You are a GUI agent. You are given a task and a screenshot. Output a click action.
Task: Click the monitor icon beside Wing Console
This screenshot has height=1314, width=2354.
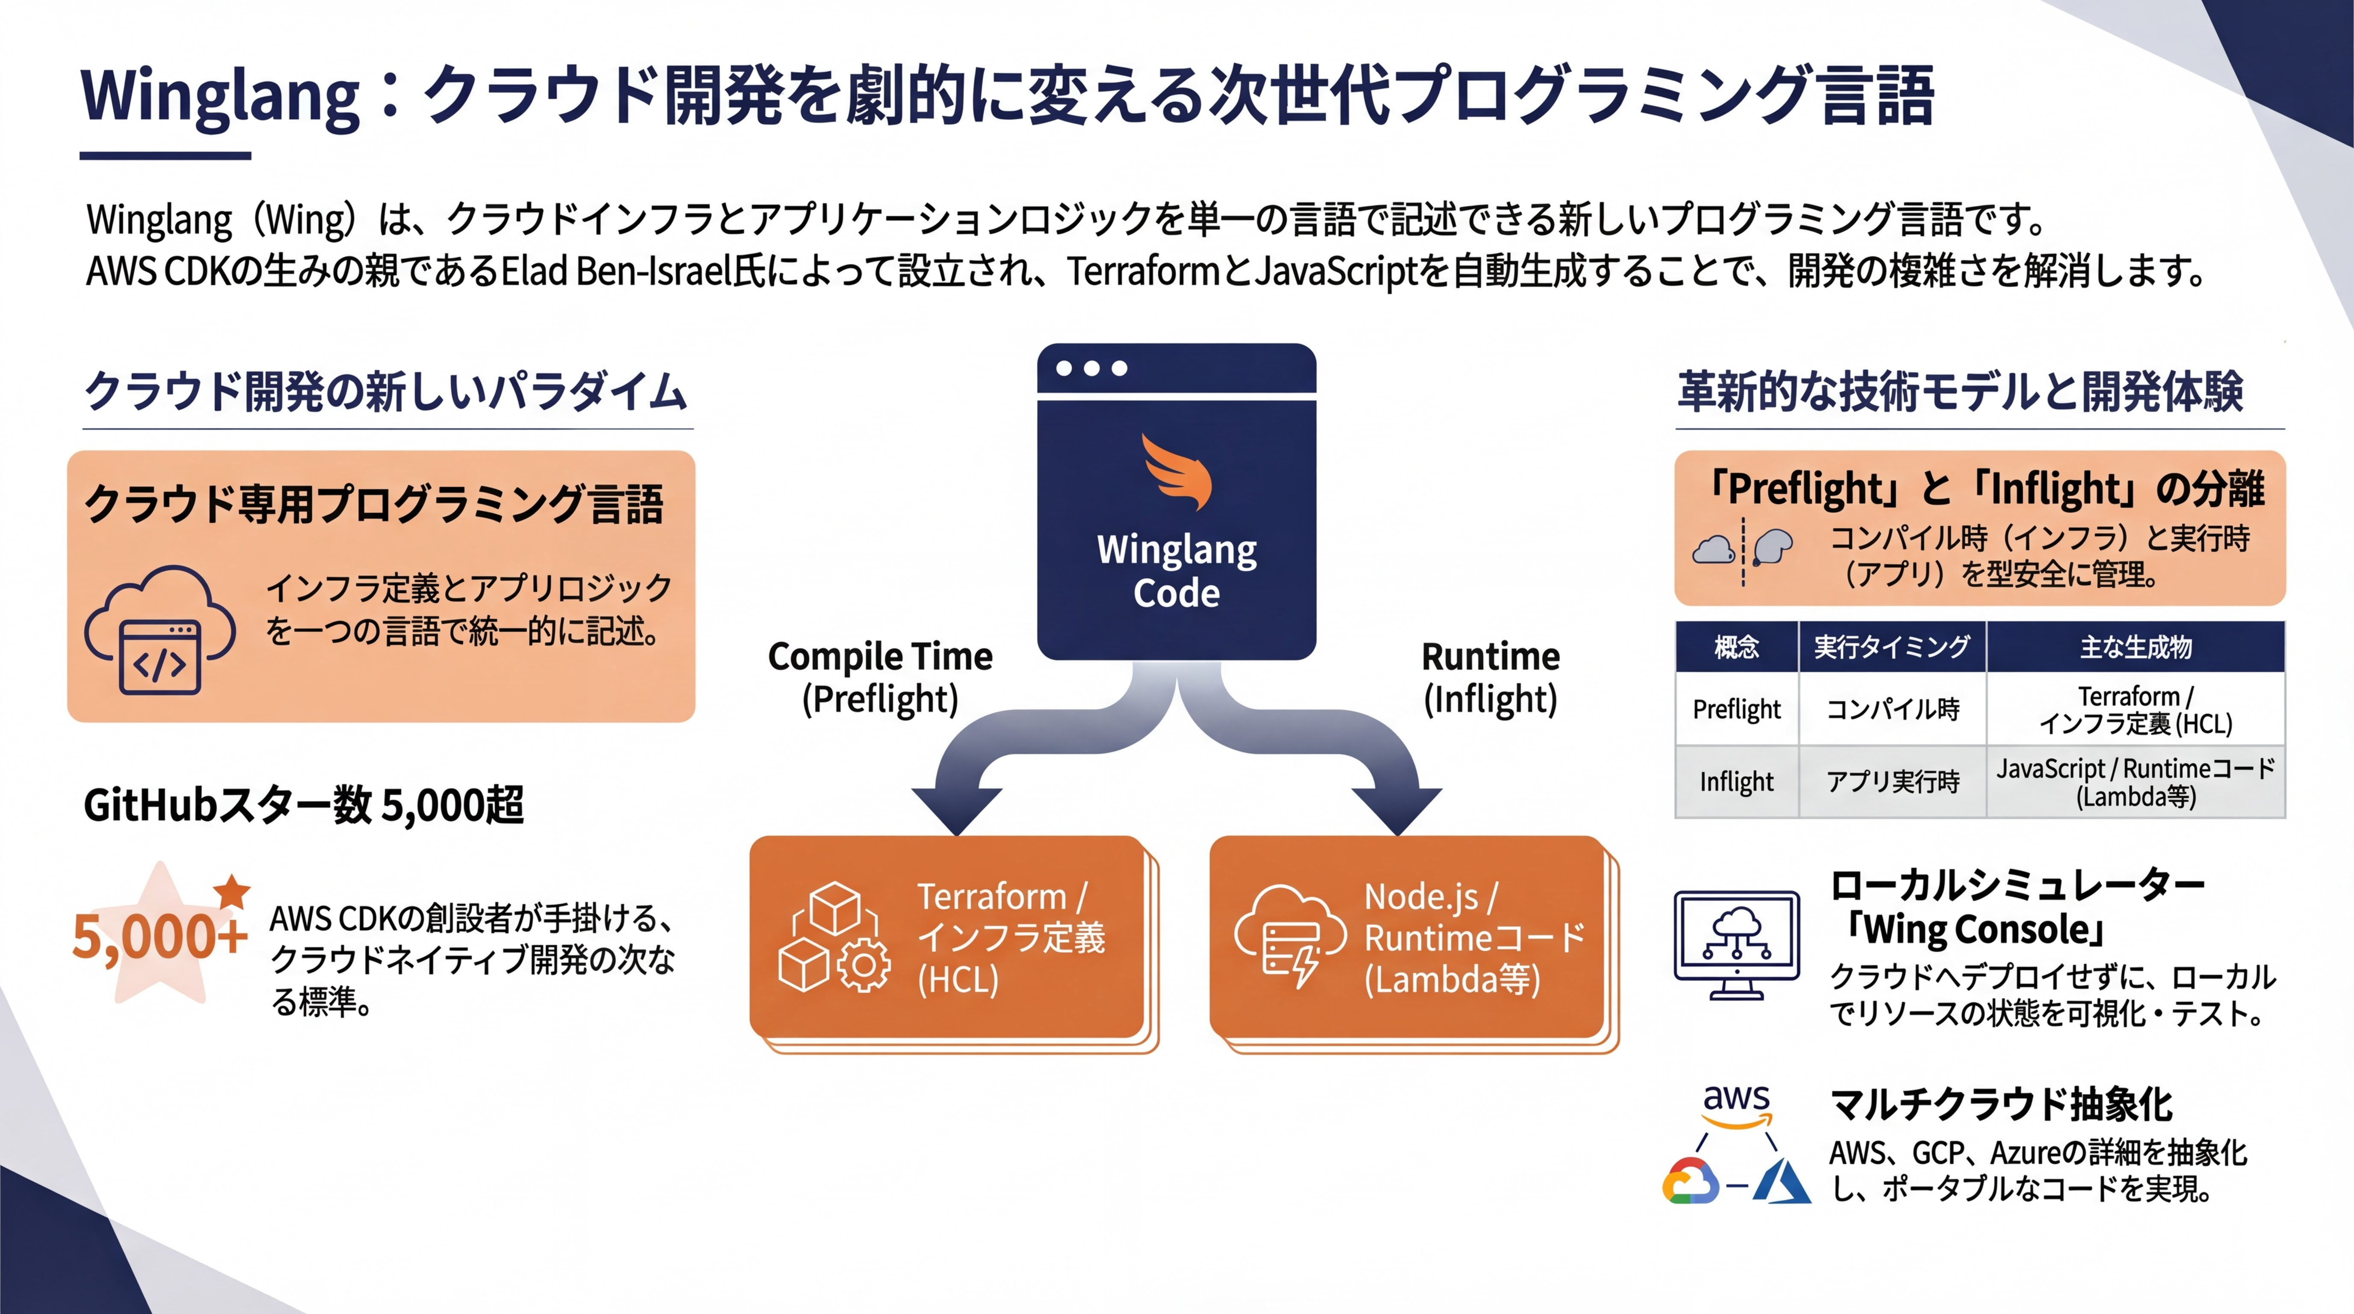pos(1736,946)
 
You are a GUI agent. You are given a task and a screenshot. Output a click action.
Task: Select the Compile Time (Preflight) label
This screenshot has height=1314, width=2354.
pos(880,677)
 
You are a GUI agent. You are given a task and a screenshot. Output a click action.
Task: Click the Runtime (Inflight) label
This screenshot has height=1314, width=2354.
pos(1490,677)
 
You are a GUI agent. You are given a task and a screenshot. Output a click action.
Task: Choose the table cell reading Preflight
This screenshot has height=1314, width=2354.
pos(1736,709)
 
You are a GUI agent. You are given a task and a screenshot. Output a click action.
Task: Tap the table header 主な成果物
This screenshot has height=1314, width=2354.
pos(2135,647)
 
